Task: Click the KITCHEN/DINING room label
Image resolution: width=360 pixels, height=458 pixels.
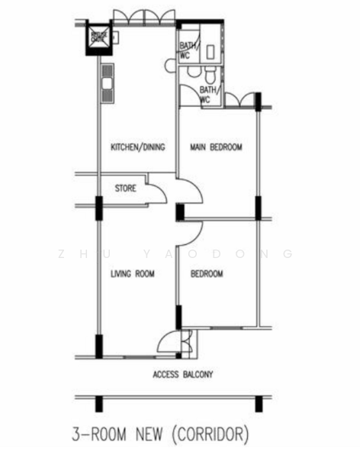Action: click(137, 147)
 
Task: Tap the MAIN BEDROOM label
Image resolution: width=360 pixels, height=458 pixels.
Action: click(216, 147)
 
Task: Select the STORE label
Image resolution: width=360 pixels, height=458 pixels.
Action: click(126, 188)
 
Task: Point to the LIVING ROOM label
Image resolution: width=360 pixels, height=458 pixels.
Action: click(133, 274)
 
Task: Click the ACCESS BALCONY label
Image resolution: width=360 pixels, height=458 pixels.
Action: click(182, 374)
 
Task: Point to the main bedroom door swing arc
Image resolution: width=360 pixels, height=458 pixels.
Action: click(191, 192)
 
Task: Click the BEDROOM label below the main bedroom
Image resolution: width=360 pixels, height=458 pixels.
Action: click(207, 274)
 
